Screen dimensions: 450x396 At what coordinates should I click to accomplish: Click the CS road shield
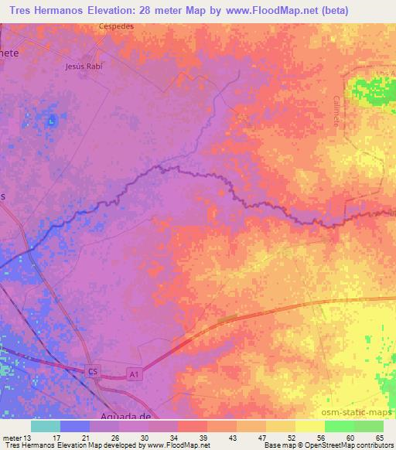pos(93,372)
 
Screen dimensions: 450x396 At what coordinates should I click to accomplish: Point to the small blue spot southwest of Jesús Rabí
pos(53,120)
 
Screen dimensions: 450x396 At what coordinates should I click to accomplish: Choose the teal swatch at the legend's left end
pos(46,425)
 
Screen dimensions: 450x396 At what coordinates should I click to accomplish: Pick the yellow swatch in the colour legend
pos(310,425)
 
